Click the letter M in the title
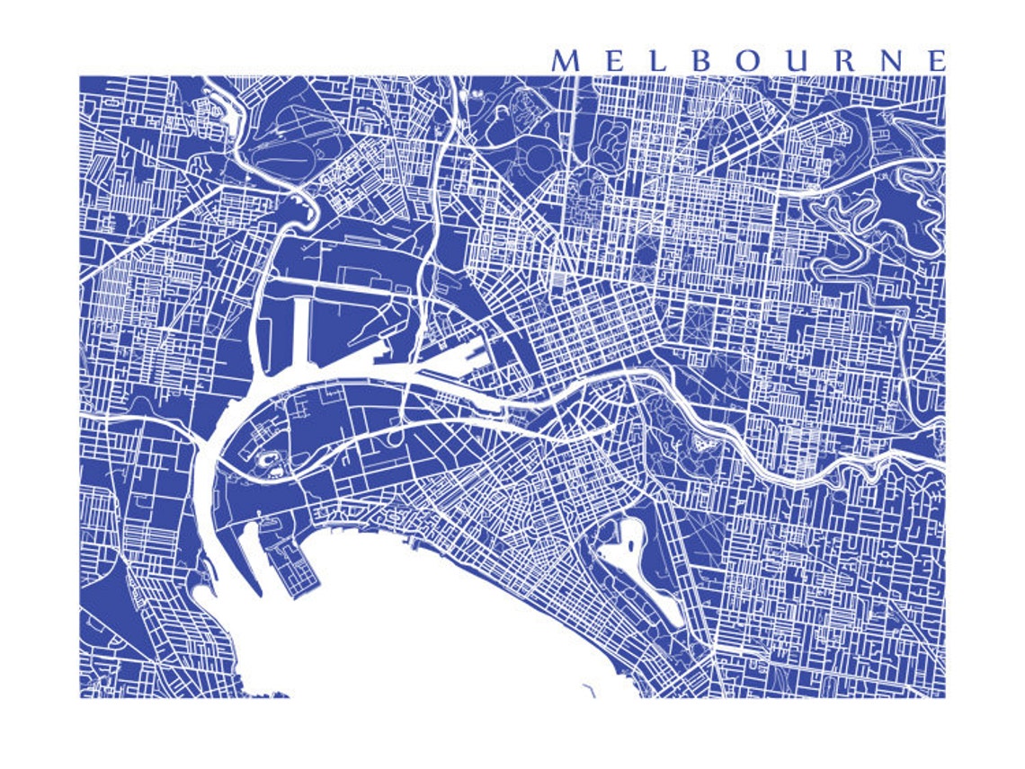[564, 61]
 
